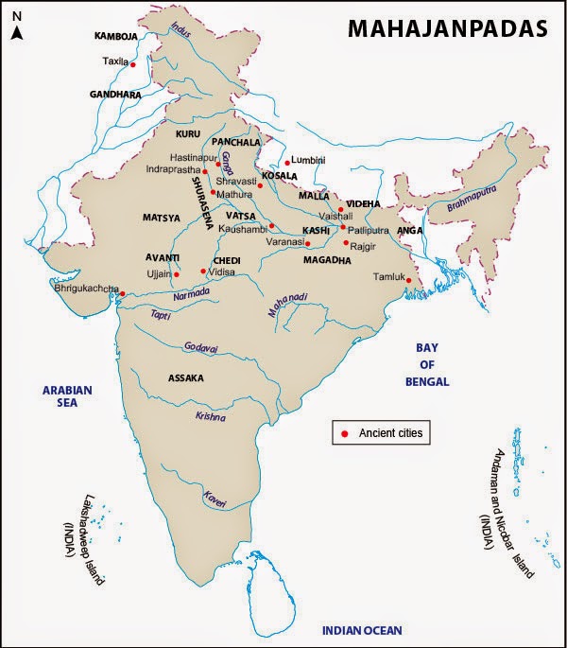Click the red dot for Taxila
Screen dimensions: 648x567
pos(133,64)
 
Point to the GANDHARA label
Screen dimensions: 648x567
pos(114,96)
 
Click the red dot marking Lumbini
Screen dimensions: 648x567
pos(287,163)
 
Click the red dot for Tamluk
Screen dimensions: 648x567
pos(408,280)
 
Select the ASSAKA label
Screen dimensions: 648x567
pos(186,377)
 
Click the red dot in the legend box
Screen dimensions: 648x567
pos(345,433)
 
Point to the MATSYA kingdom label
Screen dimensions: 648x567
pos(161,218)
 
